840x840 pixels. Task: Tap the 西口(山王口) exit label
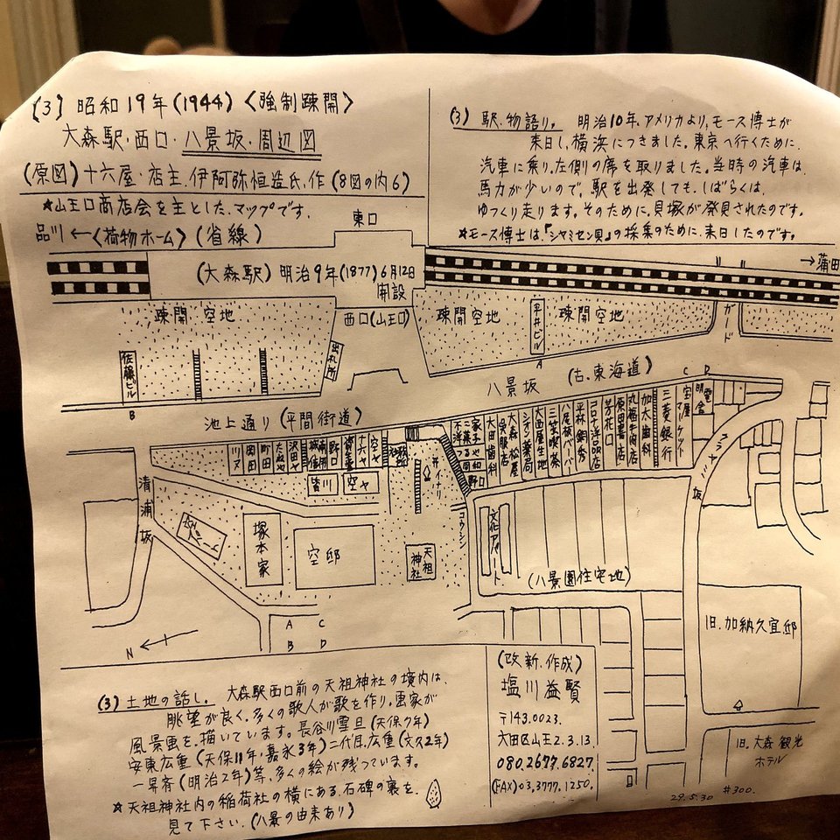376,318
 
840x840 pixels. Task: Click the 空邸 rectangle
333,556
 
